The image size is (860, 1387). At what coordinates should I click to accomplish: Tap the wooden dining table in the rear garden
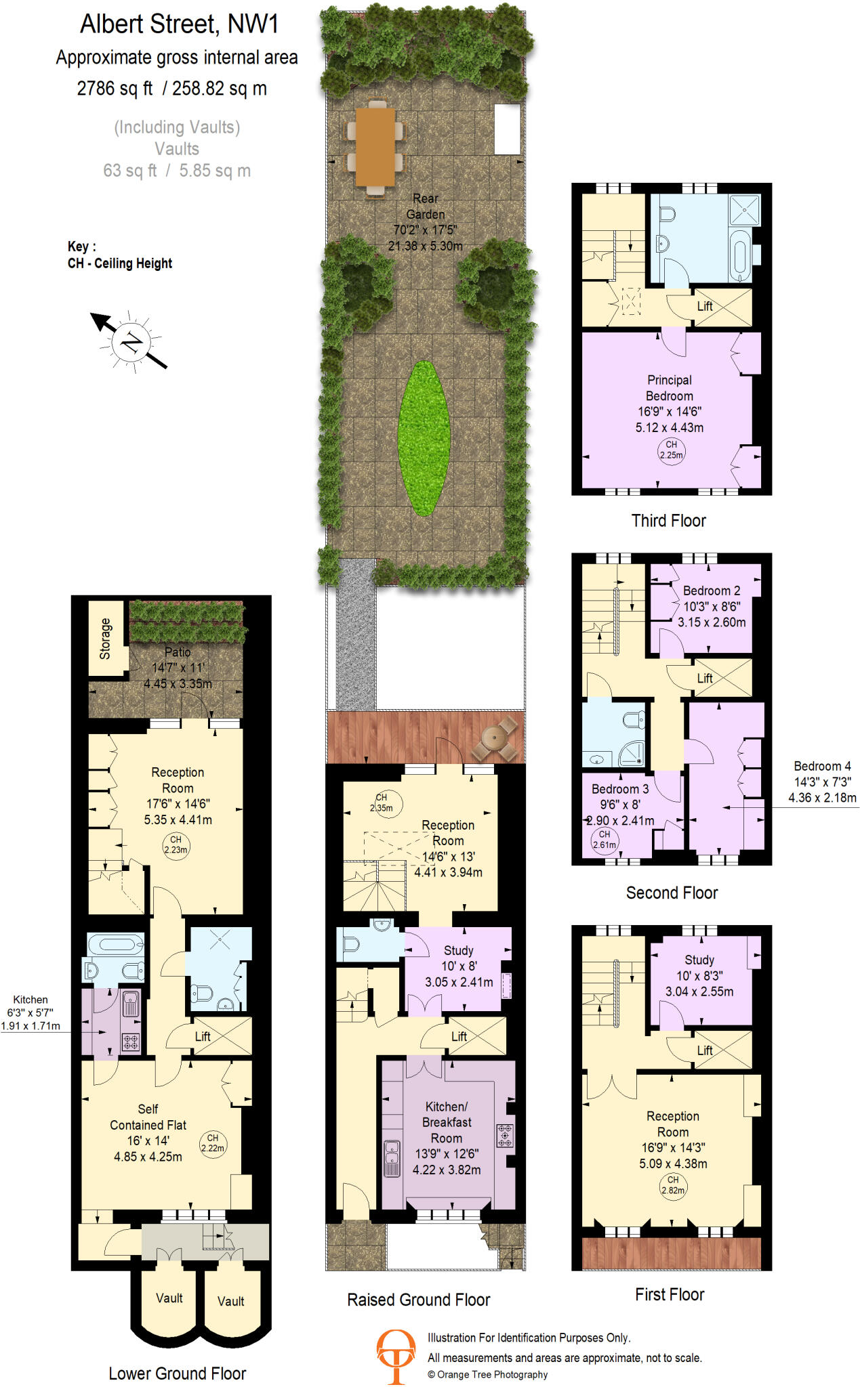375,146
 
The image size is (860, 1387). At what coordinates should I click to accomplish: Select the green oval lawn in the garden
424,438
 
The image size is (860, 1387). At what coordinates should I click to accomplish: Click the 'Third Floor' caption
668,521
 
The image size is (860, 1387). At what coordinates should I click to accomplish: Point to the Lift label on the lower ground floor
203,1036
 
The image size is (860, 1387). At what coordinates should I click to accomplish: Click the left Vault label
169,1298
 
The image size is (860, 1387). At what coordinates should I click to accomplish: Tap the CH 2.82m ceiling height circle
672,1185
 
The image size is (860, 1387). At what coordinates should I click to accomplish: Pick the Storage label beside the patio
105,638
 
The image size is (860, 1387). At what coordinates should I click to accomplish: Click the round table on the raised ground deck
495,738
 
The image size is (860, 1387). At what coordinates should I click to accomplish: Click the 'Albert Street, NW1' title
179,24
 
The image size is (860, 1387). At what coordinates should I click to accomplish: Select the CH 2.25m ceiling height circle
671,450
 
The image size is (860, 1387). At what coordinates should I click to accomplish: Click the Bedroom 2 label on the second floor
711,591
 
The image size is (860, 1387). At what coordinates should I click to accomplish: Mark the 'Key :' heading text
81,247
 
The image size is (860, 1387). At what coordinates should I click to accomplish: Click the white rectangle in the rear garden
507,129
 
